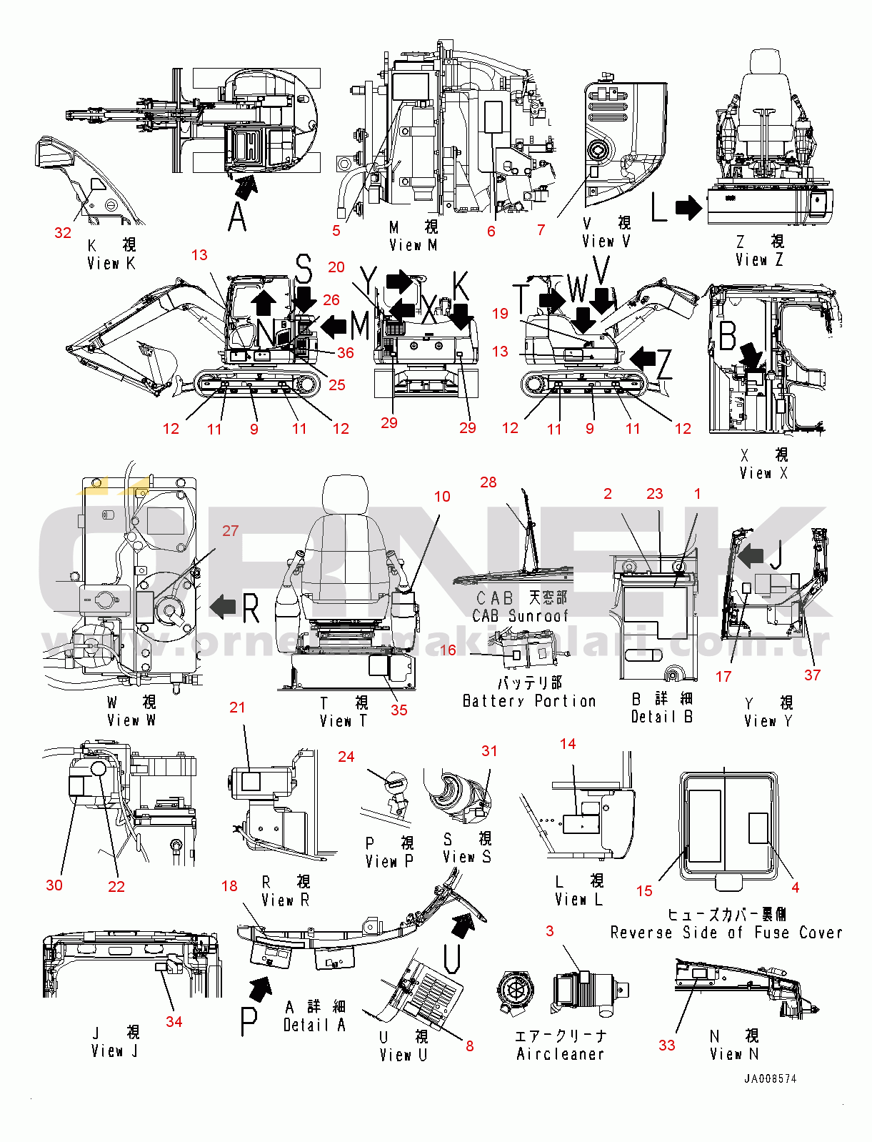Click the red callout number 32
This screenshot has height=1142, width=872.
(x=63, y=233)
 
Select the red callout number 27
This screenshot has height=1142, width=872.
(x=230, y=531)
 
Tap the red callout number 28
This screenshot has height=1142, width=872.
(x=488, y=482)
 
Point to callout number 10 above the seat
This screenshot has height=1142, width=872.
(x=442, y=497)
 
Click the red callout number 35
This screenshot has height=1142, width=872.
(x=399, y=710)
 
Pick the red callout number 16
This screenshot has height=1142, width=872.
(x=448, y=650)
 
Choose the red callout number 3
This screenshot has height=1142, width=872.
(x=549, y=931)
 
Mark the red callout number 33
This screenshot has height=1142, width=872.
(x=666, y=1046)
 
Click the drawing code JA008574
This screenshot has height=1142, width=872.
(x=770, y=1079)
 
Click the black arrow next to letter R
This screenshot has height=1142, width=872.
(x=223, y=607)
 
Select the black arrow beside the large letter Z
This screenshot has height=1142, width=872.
(x=643, y=357)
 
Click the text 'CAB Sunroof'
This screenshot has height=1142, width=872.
(x=521, y=615)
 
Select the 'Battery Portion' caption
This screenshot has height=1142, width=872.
(x=529, y=701)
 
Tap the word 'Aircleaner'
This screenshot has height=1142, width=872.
(x=561, y=1054)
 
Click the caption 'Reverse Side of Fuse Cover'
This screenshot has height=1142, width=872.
(x=726, y=933)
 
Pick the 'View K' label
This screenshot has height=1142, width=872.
(x=111, y=263)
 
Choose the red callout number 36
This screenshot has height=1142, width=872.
(x=346, y=352)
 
